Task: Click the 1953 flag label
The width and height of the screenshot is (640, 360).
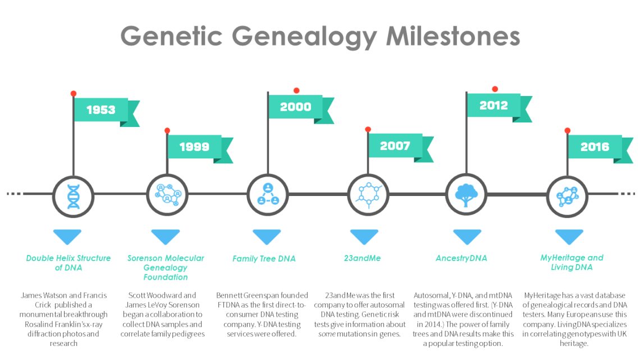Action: (x=100, y=110)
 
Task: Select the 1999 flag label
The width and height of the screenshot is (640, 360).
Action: (x=194, y=147)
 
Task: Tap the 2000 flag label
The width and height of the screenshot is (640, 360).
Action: (x=295, y=107)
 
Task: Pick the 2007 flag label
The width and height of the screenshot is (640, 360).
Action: (x=395, y=146)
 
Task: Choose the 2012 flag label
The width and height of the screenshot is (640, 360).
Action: (x=493, y=105)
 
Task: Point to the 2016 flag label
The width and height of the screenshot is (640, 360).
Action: (x=595, y=147)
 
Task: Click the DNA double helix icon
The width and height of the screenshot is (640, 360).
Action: (x=73, y=195)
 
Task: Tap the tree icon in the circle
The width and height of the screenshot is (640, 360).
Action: (x=466, y=195)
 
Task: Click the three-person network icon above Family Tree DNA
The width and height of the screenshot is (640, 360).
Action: (x=268, y=195)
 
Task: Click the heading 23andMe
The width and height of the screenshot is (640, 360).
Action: (x=362, y=258)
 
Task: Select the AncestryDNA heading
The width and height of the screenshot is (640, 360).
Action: (x=461, y=258)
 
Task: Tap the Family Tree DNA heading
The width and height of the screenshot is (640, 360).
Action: (x=264, y=258)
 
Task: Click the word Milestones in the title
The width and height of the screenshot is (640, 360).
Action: (x=452, y=37)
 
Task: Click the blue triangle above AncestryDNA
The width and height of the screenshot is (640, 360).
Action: (x=467, y=236)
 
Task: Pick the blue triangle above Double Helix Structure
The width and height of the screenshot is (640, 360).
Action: (x=67, y=236)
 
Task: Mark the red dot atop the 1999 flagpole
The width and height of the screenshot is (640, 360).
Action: (x=167, y=131)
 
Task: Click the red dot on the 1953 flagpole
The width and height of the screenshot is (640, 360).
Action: (x=73, y=94)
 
